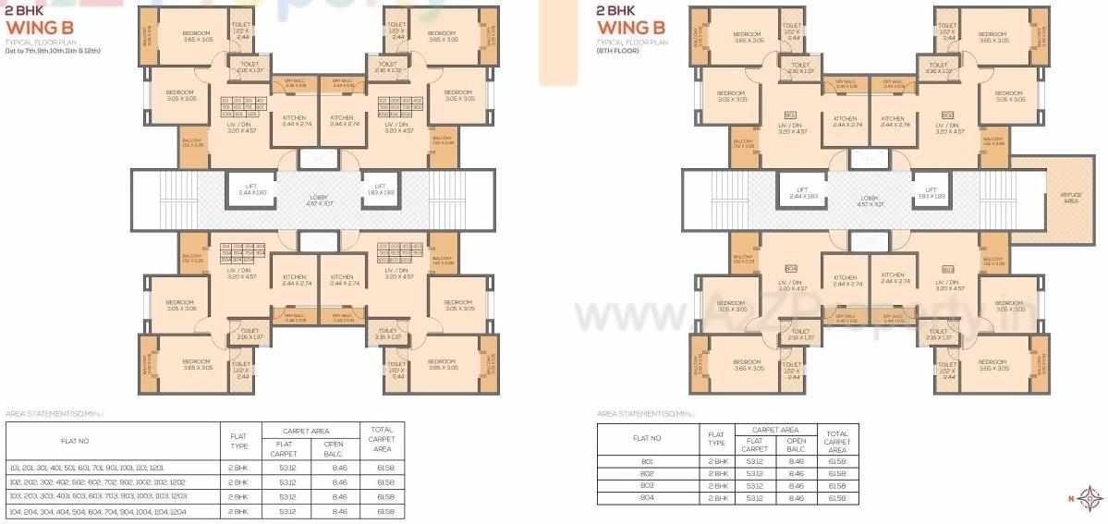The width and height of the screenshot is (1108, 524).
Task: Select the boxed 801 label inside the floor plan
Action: pos(791,116)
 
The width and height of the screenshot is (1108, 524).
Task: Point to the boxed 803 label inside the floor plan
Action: pos(948,269)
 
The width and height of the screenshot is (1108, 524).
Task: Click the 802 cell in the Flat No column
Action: pos(647,473)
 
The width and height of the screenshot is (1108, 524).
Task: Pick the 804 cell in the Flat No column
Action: pos(647,498)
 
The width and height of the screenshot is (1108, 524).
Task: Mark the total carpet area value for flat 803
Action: pos(837,486)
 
